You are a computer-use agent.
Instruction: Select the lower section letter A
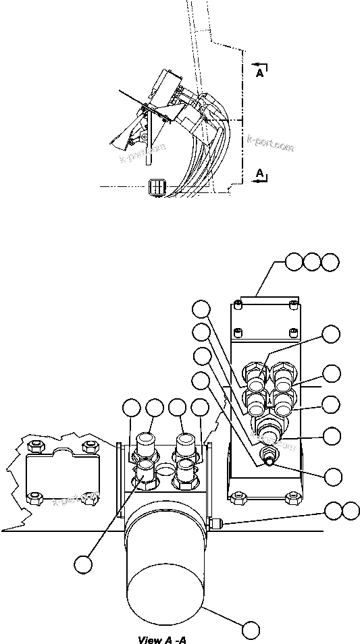[x=260, y=174]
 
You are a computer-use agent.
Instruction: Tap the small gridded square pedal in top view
[x=156, y=186]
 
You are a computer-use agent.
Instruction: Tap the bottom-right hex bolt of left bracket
[x=88, y=498]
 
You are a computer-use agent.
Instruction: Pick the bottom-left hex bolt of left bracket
[x=34, y=498]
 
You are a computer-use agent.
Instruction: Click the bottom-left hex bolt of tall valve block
[x=237, y=498]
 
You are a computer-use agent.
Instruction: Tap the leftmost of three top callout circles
[x=294, y=262]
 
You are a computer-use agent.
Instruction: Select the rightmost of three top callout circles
[x=330, y=262]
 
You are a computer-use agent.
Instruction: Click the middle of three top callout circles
[x=312, y=262]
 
